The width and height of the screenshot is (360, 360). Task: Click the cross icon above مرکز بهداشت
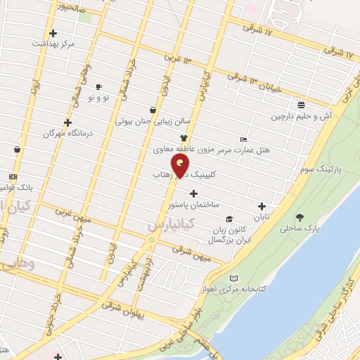tap(53, 32)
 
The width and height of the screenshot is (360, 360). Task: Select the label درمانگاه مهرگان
tap(49, 132)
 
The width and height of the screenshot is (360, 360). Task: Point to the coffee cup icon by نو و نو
tap(98, 86)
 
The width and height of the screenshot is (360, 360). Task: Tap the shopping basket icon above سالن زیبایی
tap(153, 110)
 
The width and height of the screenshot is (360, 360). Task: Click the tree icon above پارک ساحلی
tap(300, 217)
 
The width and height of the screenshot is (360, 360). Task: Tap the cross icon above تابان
tap(262, 207)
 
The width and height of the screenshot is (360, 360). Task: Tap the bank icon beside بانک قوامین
tap(13, 177)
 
